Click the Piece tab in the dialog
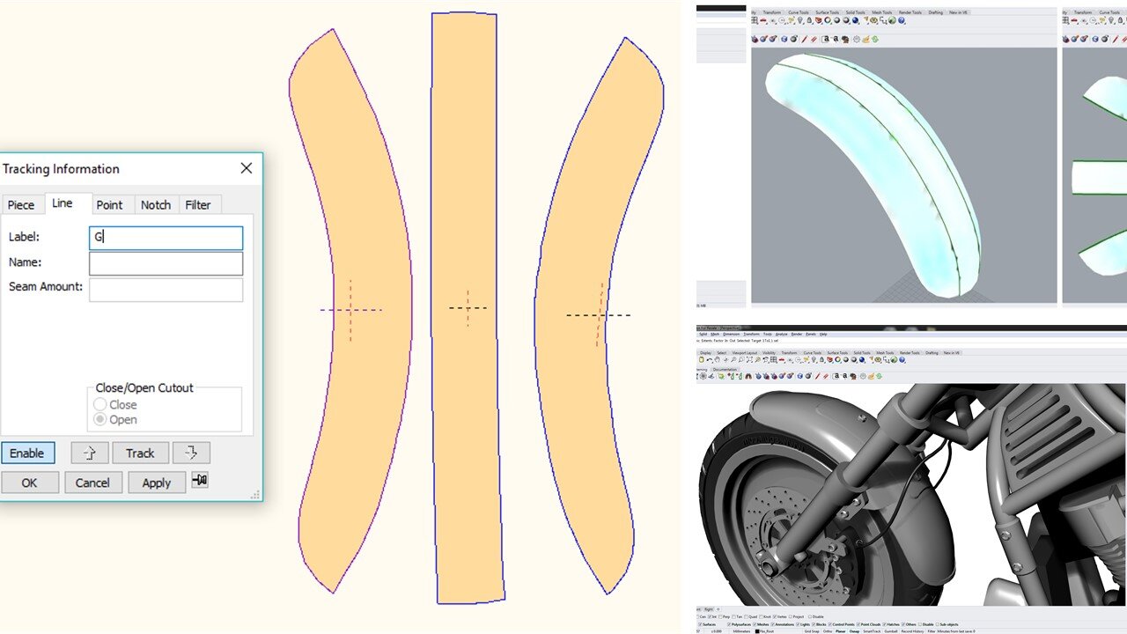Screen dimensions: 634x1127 (21, 205)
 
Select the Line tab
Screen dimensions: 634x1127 (63, 203)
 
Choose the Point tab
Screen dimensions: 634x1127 (109, 205)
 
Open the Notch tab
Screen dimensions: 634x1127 (156, 205)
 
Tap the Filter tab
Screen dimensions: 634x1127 (198, 205)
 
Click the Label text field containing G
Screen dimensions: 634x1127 (166, 238)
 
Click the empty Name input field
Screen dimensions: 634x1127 (166, 263)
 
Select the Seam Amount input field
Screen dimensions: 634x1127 (166, 290)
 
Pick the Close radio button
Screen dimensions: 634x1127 (100, 405)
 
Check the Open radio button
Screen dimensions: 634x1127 (100, 420)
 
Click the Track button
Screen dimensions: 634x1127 (140, 453)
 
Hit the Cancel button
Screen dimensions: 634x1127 (92, 483)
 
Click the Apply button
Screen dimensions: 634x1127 (157, 483)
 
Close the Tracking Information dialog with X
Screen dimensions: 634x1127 (247, 168)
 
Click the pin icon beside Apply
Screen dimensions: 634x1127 (200, 481)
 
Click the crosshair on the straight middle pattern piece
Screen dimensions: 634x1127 (468, 307)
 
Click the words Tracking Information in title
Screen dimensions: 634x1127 (61, 169)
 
